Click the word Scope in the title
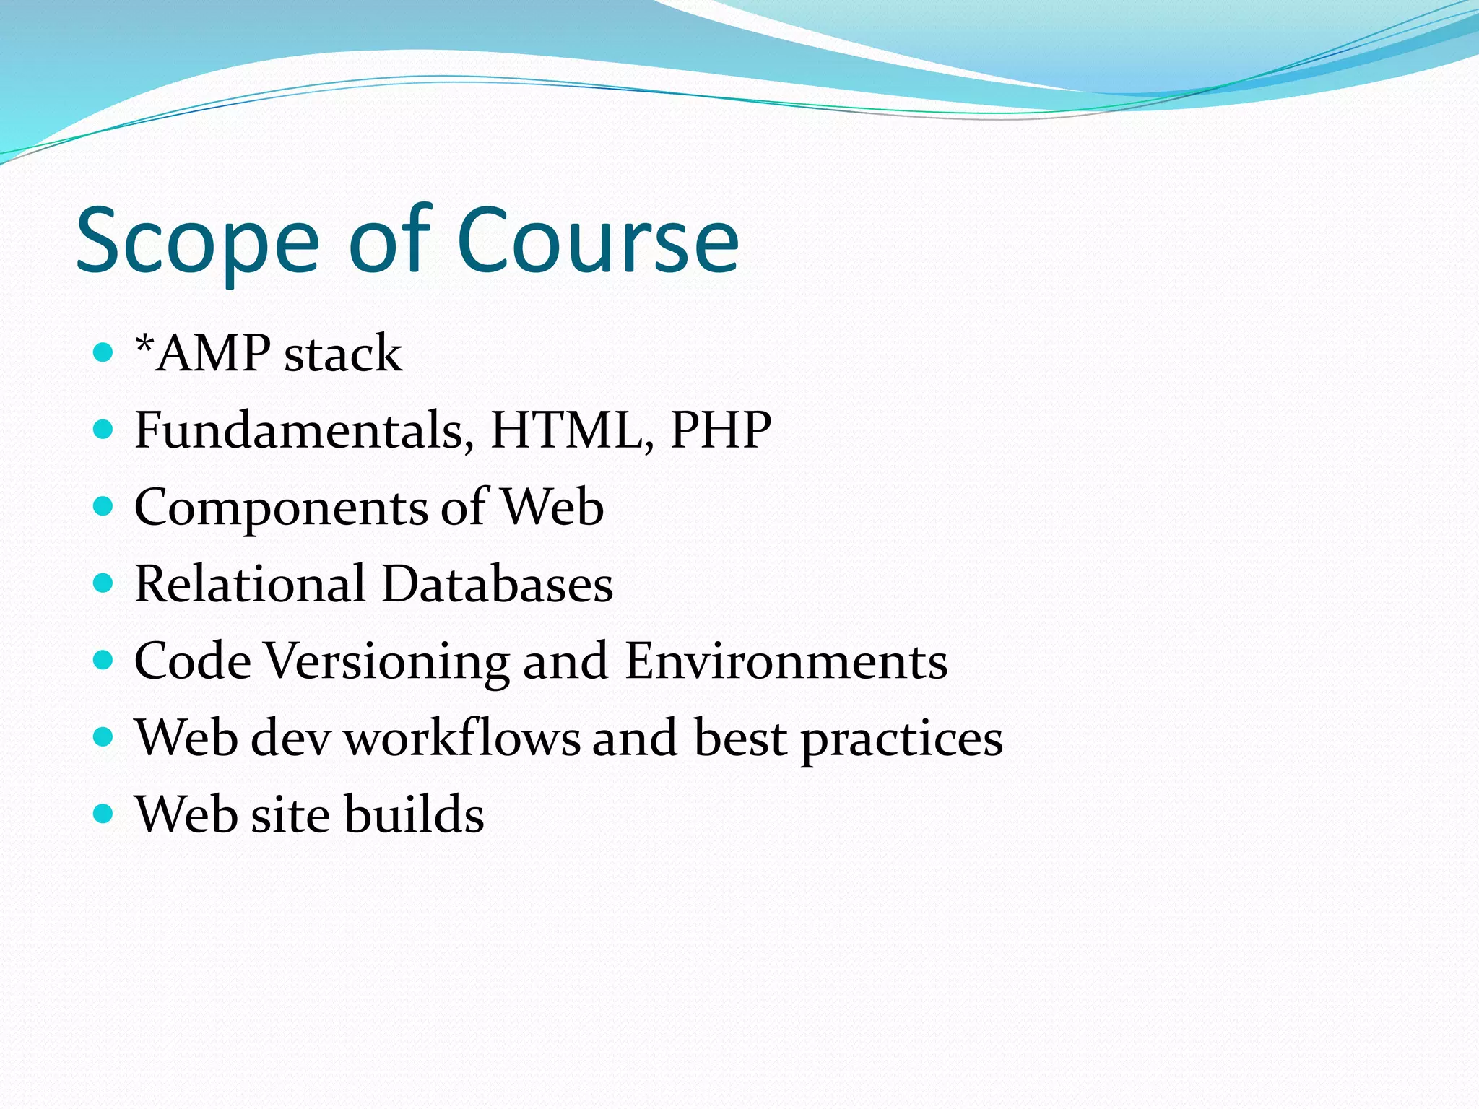(x=197, y=242)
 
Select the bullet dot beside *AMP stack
(x=104, y=353)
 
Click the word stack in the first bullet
(x=343, y=355)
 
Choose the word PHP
(x=720, y=430)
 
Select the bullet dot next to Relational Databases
(x=104, y=583)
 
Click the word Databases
(x=497, y=584)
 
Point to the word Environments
(x=786, y=661)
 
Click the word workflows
(x=461, y=739)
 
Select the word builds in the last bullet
(x=414, y=815)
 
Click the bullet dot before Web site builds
(x=104, y=814)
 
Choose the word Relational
(x=250, y=584)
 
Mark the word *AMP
(x=202, y=354)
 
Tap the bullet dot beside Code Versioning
(x=104, y=661)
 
